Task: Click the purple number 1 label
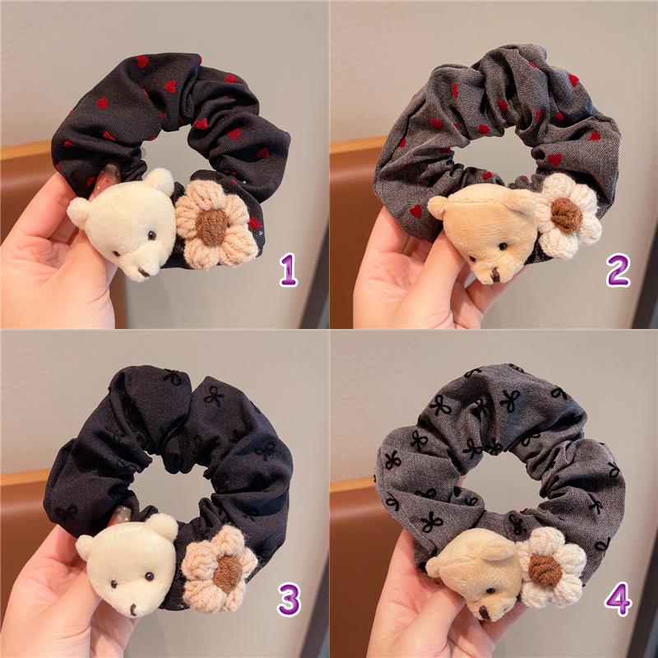tap(289, 271)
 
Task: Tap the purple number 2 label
tap(618, 271)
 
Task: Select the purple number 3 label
tap(290, 600)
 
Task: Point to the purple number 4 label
tap(619, 600)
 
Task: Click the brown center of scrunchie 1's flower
tap(212, 227)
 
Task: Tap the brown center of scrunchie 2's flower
tap(567, 215)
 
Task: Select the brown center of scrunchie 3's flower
tap(228, 573)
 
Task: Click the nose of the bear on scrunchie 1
tap(144, 273)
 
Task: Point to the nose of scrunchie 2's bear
tap(495, 276)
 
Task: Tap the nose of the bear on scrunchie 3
tap(133, 609)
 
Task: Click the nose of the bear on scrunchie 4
tap(484, 613)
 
